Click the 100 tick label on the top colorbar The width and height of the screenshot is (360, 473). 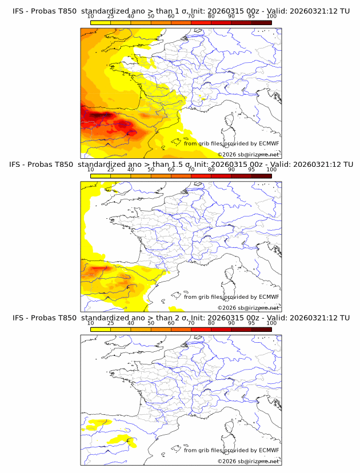pyautogui.click(x=271, y=16)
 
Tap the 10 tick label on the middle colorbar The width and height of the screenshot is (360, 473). pyautogui.click(x=91, y=169)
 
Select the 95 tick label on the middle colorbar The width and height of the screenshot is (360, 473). pyautogui.click(x=251, y=169)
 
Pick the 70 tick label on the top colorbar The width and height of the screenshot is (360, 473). pyautogui.click(x=191, y=16)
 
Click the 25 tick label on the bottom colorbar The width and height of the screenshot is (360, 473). pyautogui.click(x=111, y=323)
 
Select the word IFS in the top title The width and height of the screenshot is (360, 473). pyautogui.click(x=18, y=11)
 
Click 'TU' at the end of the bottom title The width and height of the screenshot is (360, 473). pyautogui.click(x=345, y=318)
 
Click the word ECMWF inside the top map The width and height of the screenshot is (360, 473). pyautogui.click(x=269, y=143)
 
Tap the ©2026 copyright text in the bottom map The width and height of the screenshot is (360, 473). pyautogui.click(x=227, y=461)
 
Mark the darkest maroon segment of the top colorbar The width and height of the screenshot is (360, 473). pyautogui.click(x=261, y=22)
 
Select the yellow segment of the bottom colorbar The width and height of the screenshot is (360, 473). pyautogui.click(x=101, y=329)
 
